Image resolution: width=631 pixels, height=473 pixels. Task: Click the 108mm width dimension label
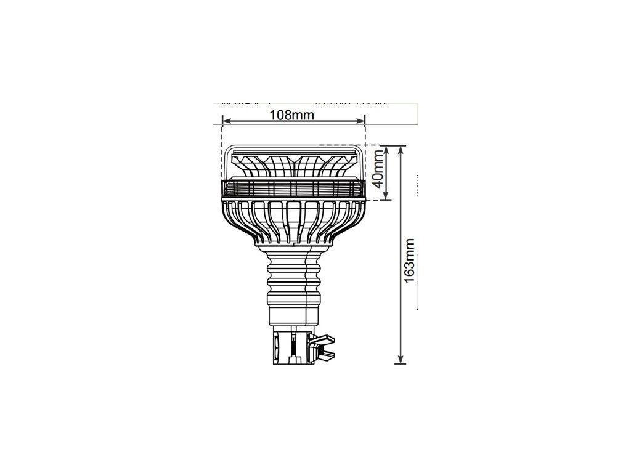coord(291,115)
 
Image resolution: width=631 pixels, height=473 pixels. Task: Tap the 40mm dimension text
coord(378,169)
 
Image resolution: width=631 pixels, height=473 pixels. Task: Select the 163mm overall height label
coord(409,261)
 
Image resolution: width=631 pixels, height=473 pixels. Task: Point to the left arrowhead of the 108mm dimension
coord(226,121)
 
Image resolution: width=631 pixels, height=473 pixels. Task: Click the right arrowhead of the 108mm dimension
coord(361,121)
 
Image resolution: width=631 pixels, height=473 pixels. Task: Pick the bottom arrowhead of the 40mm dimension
coord(386,195)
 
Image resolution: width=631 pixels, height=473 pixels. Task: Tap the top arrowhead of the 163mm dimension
coord(401,150)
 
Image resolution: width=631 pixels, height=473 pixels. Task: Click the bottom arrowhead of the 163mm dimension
coord(401,359)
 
